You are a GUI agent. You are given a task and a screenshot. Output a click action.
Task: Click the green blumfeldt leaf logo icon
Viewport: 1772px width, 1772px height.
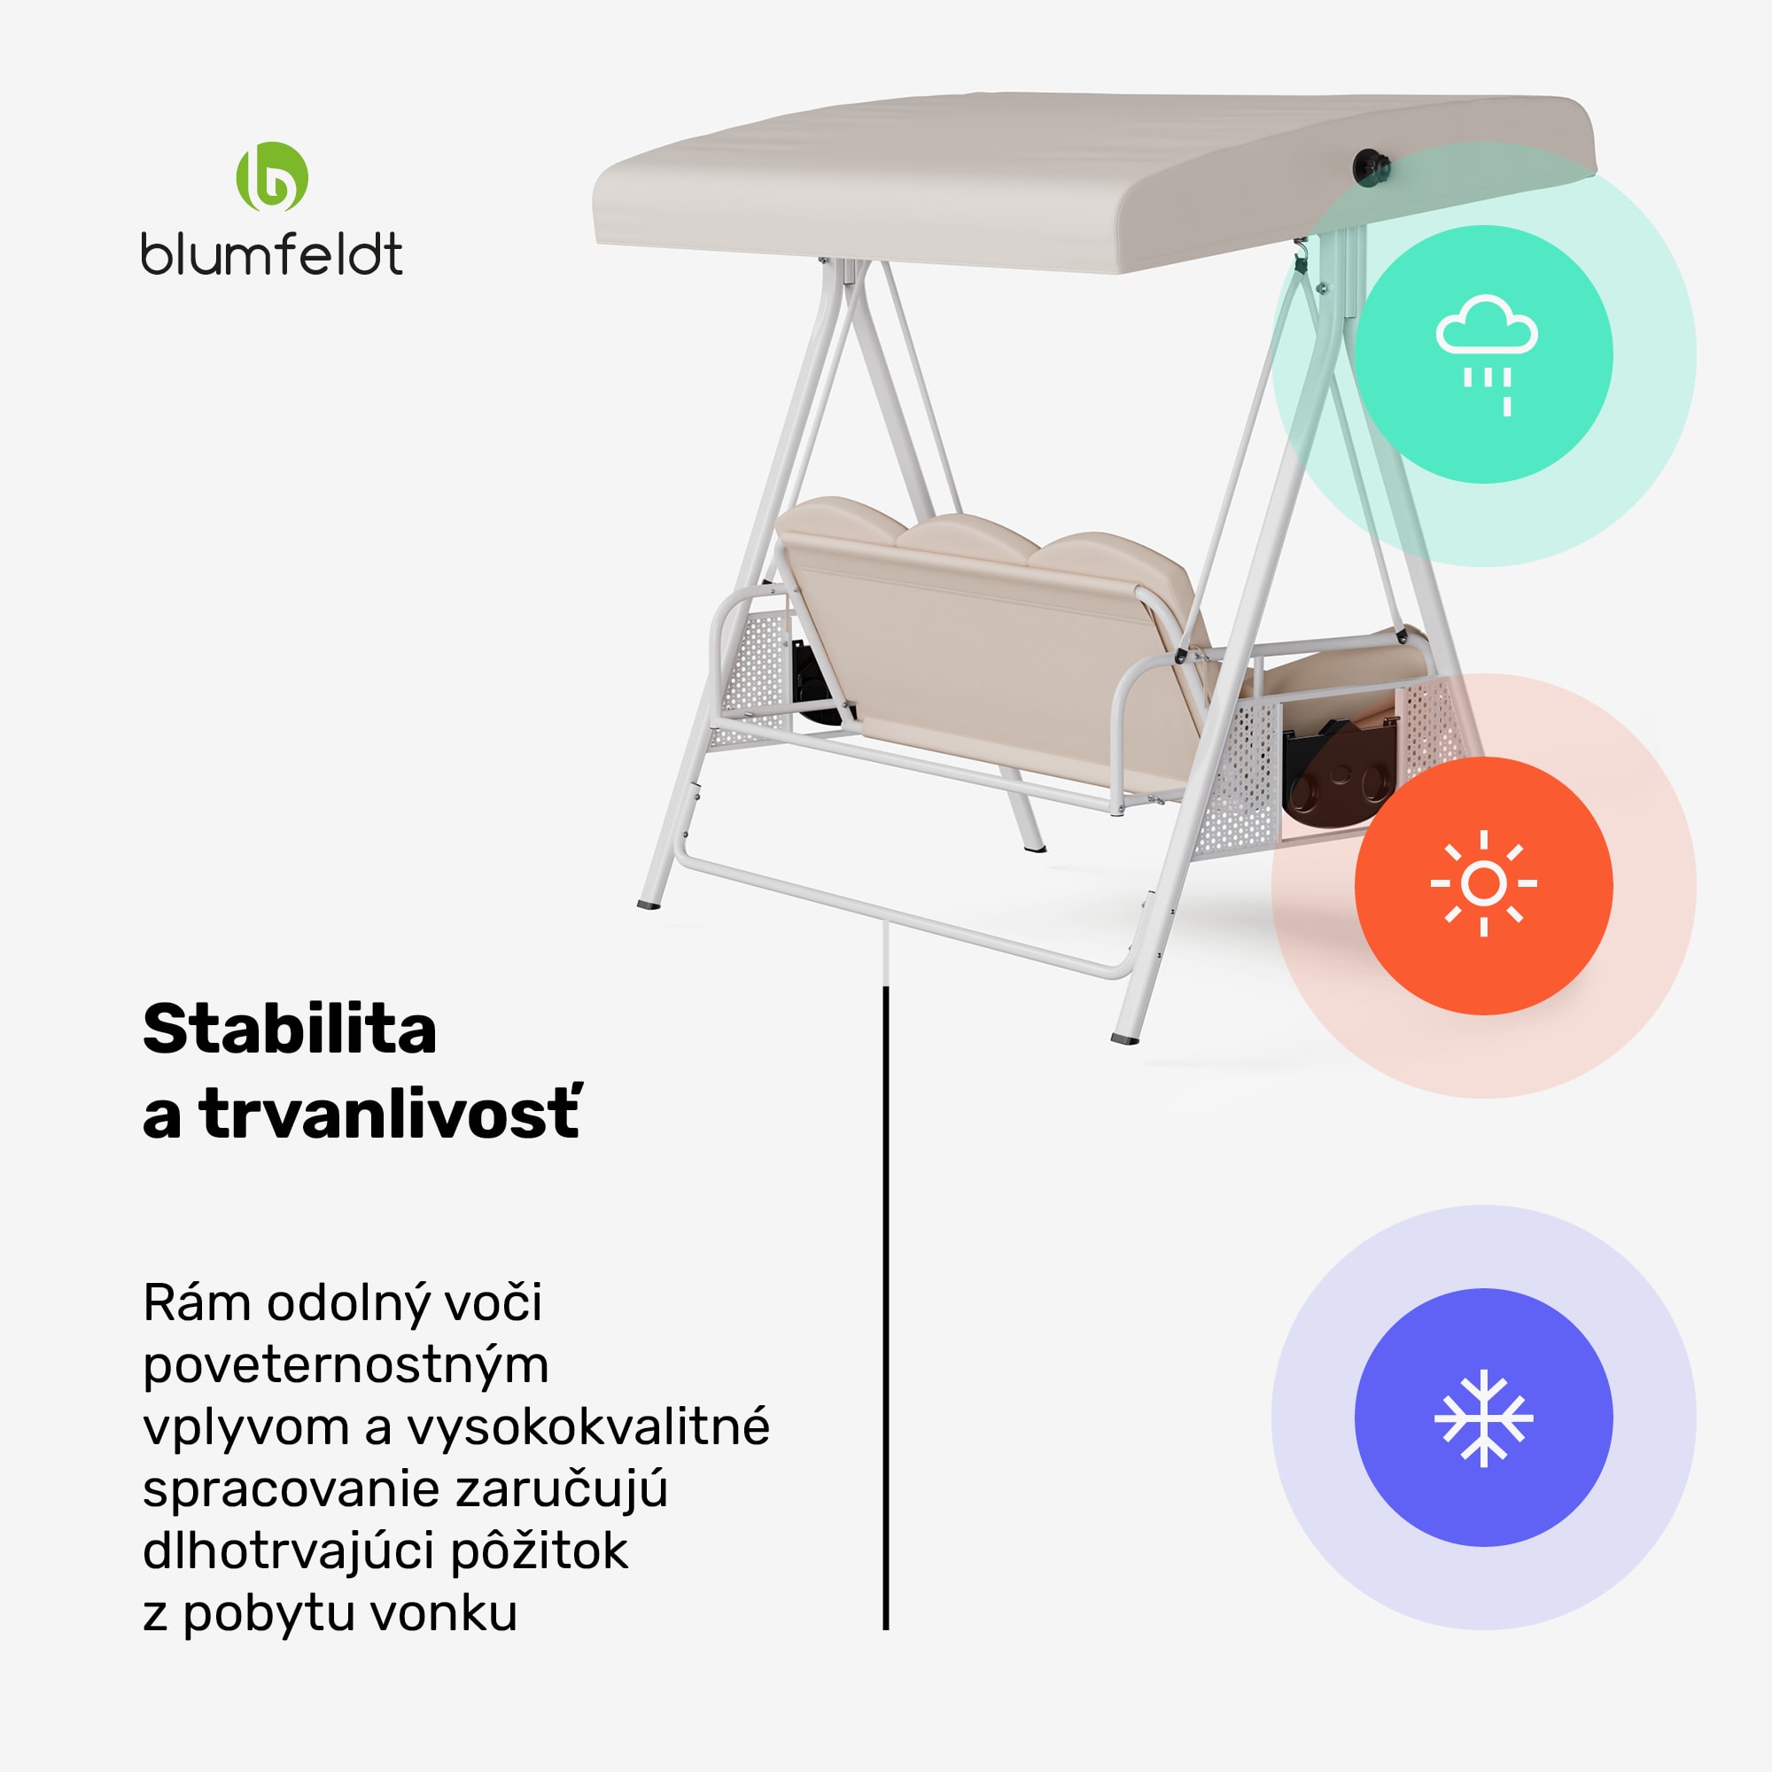271,177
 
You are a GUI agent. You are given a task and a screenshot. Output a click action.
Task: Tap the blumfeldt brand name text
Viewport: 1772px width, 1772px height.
271,254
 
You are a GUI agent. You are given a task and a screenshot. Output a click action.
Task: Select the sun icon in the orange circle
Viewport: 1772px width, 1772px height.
1484,883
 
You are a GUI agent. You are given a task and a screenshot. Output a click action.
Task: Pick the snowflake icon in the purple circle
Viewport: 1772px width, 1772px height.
1484,1418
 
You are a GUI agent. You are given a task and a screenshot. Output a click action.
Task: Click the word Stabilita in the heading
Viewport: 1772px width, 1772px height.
290,1028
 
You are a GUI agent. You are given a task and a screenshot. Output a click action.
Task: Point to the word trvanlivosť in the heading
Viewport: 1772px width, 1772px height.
391,1113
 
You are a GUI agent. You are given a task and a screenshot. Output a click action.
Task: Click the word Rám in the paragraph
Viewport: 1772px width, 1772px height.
197,1302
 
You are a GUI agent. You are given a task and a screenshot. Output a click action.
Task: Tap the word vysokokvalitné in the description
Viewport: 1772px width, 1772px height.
588,1427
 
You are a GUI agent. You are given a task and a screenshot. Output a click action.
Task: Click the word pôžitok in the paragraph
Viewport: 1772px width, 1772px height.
540,1551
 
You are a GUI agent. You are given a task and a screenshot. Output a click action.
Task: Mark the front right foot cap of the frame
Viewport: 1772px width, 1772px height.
1125,1039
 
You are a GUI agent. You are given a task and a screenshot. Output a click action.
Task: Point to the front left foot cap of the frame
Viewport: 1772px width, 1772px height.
649,905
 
